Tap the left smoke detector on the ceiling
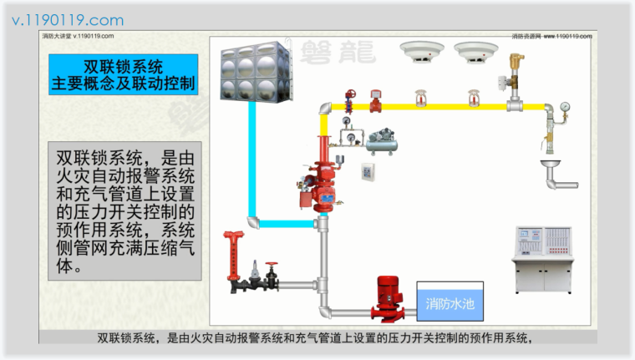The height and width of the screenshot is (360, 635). [417, 53]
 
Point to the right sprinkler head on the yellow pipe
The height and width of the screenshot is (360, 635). [474, 98]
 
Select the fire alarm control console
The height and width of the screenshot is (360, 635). [542, 257]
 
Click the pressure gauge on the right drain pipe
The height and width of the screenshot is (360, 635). [566, 108]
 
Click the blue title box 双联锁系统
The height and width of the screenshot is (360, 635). [124, 74]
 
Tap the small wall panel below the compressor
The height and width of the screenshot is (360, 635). [368, 172]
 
